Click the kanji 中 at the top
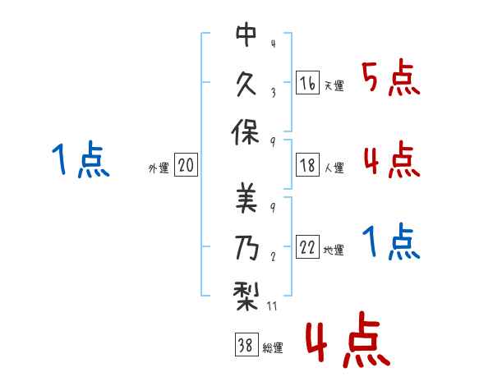click(x=246, y=34)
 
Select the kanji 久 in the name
click(x=246, y=84)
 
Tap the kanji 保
click(x=246, y=132)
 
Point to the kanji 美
click(x=246, y=199)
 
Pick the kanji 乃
click(x=247, y=247)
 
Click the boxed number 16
click(x=307, y=83)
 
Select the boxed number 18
click(x=307, y=165)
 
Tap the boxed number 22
click(x=307, y=246)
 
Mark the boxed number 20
click(x=186, y=164)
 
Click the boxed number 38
click(x=246, y=344)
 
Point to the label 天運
click(x=334, y=85)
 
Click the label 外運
click(x=159, y=168)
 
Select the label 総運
click(x=273, y=347)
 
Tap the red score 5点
click(x=391, y=79)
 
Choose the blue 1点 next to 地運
click(x=391, y=242)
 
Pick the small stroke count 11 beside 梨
click(x=272, y=306)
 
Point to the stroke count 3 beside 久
click(x=274, y=93)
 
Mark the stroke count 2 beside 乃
click(x=274, y=256)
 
